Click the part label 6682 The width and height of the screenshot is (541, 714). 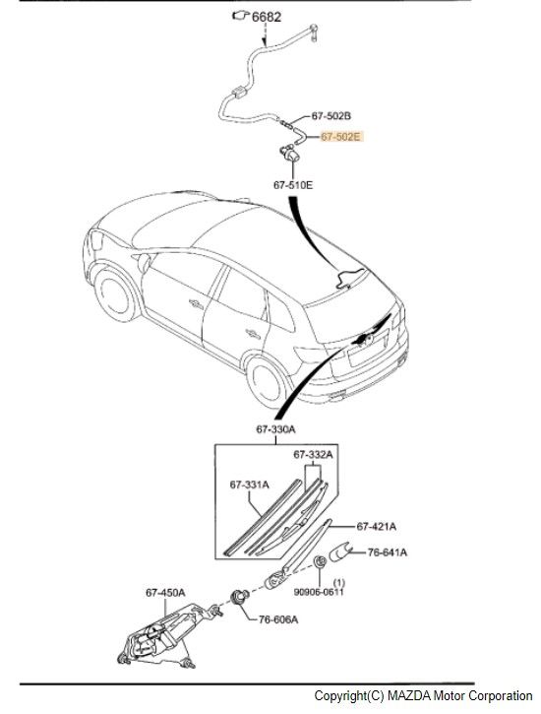(267, 17)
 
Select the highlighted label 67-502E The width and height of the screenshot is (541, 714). (341, 136)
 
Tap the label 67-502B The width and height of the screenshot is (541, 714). (331, 116)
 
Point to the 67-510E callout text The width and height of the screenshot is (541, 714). (293, 185)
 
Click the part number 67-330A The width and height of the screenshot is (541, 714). (276, 429)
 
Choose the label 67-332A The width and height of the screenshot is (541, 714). (313, 454)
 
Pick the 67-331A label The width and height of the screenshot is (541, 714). (249, 485)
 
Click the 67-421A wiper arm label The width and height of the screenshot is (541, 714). (377, 527)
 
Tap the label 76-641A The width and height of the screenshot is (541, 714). (388, 552)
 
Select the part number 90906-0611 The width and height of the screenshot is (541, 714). (319, 592)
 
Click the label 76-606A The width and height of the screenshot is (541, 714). (278, 619)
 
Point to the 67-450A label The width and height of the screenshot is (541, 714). (165, 593)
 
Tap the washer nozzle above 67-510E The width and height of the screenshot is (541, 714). (290, 153)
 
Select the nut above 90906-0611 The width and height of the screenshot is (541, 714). (319, 561)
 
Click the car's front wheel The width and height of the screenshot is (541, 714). (114, 294)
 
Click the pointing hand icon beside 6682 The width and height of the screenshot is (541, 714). (240, 16)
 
